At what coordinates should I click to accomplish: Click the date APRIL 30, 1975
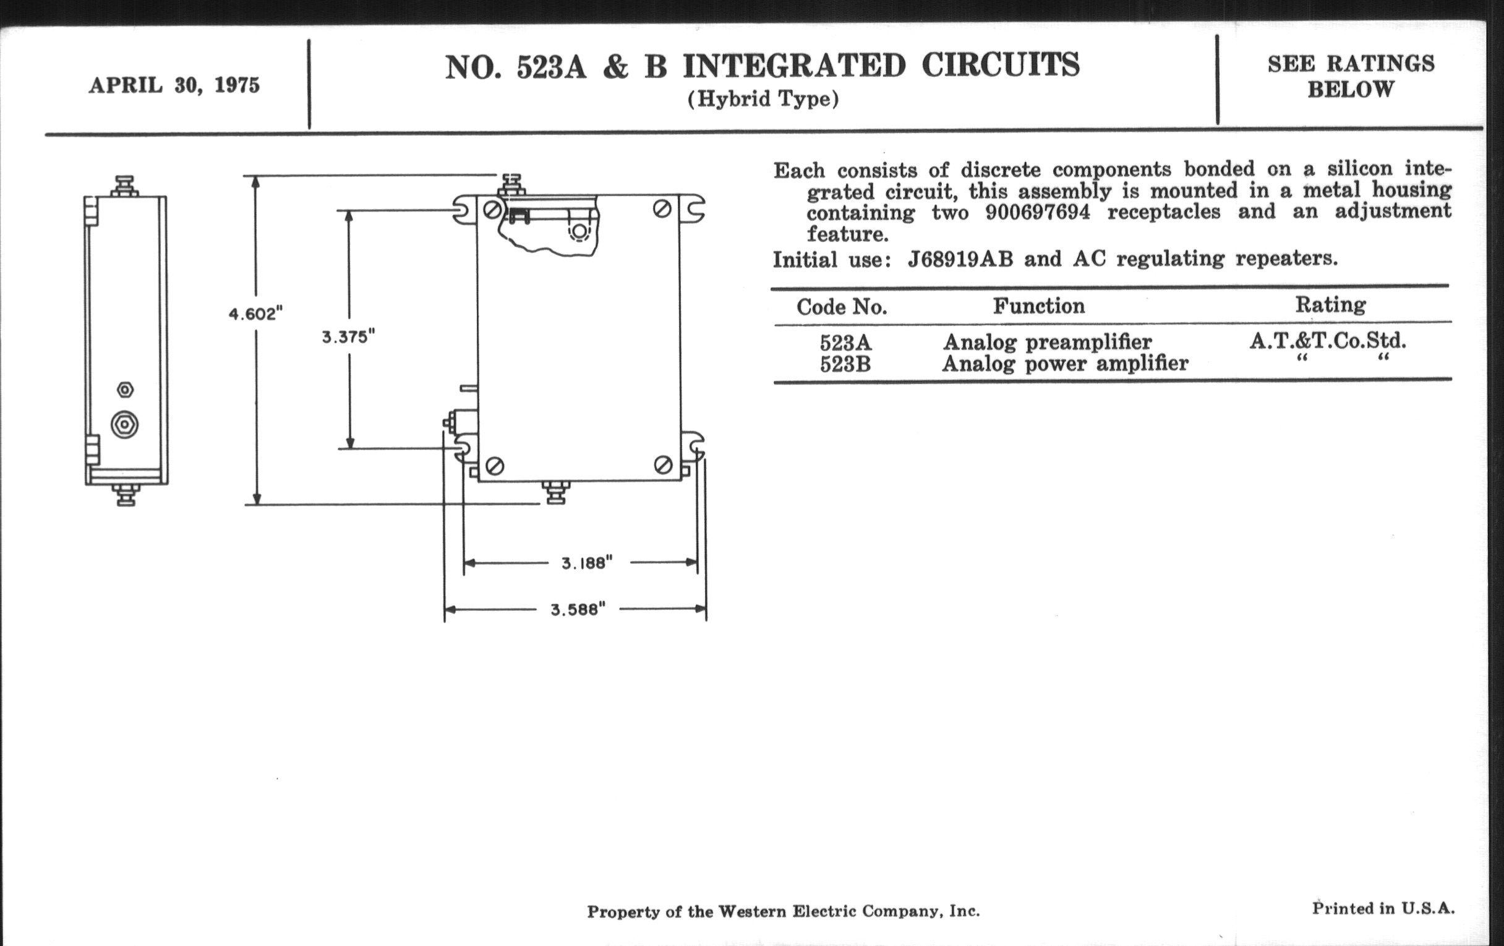174,85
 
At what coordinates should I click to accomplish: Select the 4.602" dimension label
255,313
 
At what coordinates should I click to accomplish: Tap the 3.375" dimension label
348,337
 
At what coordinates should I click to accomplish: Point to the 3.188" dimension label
586,563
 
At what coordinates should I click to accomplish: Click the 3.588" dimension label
578,610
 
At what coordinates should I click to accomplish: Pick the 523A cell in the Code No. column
845,343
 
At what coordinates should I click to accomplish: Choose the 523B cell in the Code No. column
845,364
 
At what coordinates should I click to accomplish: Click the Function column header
1039,306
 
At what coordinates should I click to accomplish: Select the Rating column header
1330,305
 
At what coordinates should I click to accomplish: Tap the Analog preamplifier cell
1047,342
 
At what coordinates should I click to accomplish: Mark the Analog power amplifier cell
1064,364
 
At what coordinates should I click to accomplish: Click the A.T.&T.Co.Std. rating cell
1327,341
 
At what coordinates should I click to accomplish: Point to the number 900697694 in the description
1038,212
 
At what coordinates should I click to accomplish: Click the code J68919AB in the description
960,258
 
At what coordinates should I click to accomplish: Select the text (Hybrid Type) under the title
763,100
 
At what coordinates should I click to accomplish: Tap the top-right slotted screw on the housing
662,209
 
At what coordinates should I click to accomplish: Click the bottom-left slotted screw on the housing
495,466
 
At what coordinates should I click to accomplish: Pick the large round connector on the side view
125,425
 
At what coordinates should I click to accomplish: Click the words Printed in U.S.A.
1383,908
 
